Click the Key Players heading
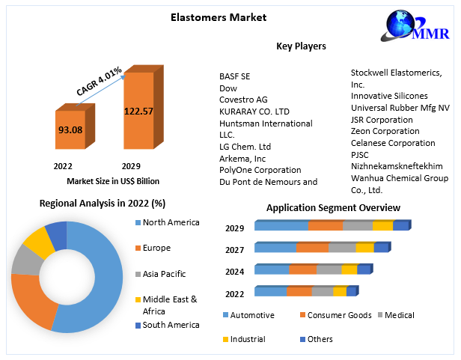[x=301, y=46]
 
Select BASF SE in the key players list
[x=235, y=76]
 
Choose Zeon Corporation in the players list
[x=385, y=131]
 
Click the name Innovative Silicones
[x=389, y=96]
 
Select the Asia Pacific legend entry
[x=164, y=274]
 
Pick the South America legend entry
[x=171, y=325]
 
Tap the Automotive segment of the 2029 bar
[x=281, y=225]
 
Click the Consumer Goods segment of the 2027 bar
[x=312, y=247]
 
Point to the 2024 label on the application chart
[x=236, y=272]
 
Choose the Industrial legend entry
[x=247, y=339]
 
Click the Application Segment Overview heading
[x=333, y=207]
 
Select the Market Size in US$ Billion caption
[x=112, y=181]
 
